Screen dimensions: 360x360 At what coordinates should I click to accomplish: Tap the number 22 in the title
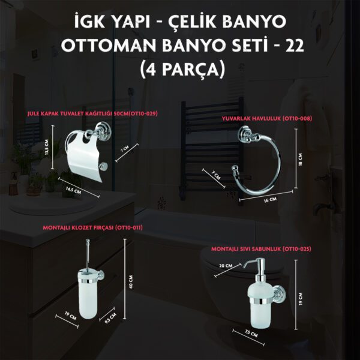295,45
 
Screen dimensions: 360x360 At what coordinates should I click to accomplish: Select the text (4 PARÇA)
182,69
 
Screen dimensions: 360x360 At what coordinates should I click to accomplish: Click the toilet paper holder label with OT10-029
92,113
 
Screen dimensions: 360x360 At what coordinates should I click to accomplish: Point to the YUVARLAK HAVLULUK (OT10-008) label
267,118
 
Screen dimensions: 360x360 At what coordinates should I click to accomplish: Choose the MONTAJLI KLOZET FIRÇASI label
92,227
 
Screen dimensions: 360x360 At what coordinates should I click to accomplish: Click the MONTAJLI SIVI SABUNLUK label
261,249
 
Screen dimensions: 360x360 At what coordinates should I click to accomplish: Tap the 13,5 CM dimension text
47,147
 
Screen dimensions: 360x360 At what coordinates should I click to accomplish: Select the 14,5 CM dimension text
73,190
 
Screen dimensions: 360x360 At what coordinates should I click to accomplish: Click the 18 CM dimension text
301,160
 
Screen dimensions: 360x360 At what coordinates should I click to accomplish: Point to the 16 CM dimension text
270,200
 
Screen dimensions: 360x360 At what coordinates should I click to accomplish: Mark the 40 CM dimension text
131,282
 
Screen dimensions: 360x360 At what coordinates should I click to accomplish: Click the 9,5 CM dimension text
110,318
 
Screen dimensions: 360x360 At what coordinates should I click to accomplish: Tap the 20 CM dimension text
226,266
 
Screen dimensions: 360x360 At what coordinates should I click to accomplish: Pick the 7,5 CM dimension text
251,333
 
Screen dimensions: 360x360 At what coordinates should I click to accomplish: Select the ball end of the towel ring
235,169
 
